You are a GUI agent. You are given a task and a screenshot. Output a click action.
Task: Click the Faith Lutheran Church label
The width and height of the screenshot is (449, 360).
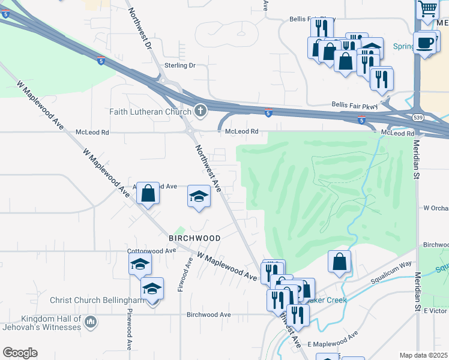click(149, 111)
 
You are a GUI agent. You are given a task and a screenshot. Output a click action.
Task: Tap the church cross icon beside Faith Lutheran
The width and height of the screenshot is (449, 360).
click(200, 110)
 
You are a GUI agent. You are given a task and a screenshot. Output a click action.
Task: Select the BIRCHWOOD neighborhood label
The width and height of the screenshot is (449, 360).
click(194, 238)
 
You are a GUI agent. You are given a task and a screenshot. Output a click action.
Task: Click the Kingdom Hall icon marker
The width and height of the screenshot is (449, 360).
click(90, 323)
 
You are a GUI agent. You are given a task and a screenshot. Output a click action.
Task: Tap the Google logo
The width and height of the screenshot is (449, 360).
click(20, 353)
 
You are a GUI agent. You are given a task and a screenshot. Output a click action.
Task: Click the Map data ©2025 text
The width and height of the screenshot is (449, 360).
click(423, 355)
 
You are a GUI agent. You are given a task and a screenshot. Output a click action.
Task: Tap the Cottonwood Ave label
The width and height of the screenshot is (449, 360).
click(151, 251)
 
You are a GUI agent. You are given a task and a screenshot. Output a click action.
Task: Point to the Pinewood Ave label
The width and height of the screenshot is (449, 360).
click(129, 329)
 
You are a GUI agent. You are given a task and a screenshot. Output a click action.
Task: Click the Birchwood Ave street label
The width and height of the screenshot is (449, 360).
click(208, 314)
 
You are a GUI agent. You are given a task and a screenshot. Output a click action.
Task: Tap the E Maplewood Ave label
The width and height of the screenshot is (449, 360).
click(333, 339)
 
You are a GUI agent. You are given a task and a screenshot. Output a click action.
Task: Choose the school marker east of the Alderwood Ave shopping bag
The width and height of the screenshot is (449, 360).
click(199, 196)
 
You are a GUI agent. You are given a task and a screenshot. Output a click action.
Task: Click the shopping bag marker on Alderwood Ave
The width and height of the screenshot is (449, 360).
click(148, 194)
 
